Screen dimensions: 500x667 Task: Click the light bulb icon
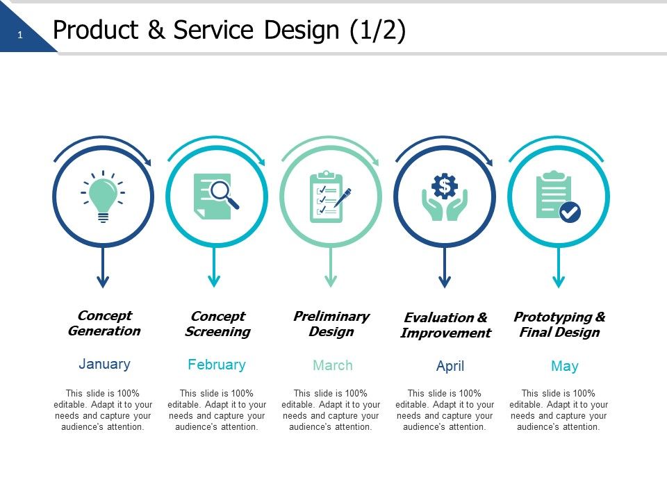(103, 197)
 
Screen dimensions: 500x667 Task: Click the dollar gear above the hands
(445, 185)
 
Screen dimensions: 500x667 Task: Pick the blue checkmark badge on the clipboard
(570, 212)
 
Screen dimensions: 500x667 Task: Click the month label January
(104, 364)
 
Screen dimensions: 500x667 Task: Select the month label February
(217, 365)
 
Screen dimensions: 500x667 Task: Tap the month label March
(333, 365)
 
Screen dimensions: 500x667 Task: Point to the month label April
(450, 366)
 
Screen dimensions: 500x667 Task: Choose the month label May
(564, 366)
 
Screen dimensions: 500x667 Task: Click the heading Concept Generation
(104, 324)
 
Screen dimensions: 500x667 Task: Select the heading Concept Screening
(217, 324)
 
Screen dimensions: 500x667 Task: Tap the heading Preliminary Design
(331, 324)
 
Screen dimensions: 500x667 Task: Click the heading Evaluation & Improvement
(446, 325)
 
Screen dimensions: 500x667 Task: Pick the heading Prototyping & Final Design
(559, 325)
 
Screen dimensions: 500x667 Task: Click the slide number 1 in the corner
(20, 35)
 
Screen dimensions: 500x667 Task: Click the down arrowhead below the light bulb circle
(103, 281)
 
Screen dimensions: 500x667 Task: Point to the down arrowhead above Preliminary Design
(331, 281)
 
